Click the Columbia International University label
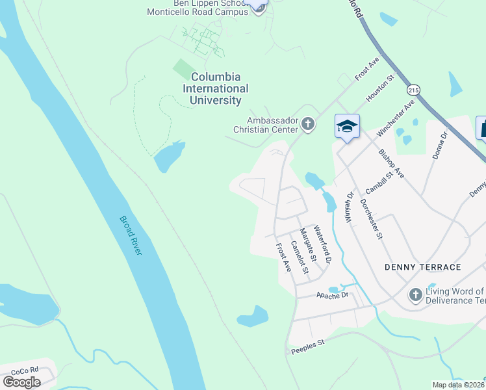[x=215, y=88]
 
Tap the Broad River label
[x=130, y=235]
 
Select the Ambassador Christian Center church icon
[x=308, y=123]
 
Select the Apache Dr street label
[x=333, y=295]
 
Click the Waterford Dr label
[x=323, y=244]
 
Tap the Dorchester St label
[x=371, y=218]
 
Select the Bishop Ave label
[x=391, y=163]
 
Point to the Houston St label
[x=380, y=90]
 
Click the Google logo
[x=22, y=382]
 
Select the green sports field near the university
[x=185, y=68]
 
